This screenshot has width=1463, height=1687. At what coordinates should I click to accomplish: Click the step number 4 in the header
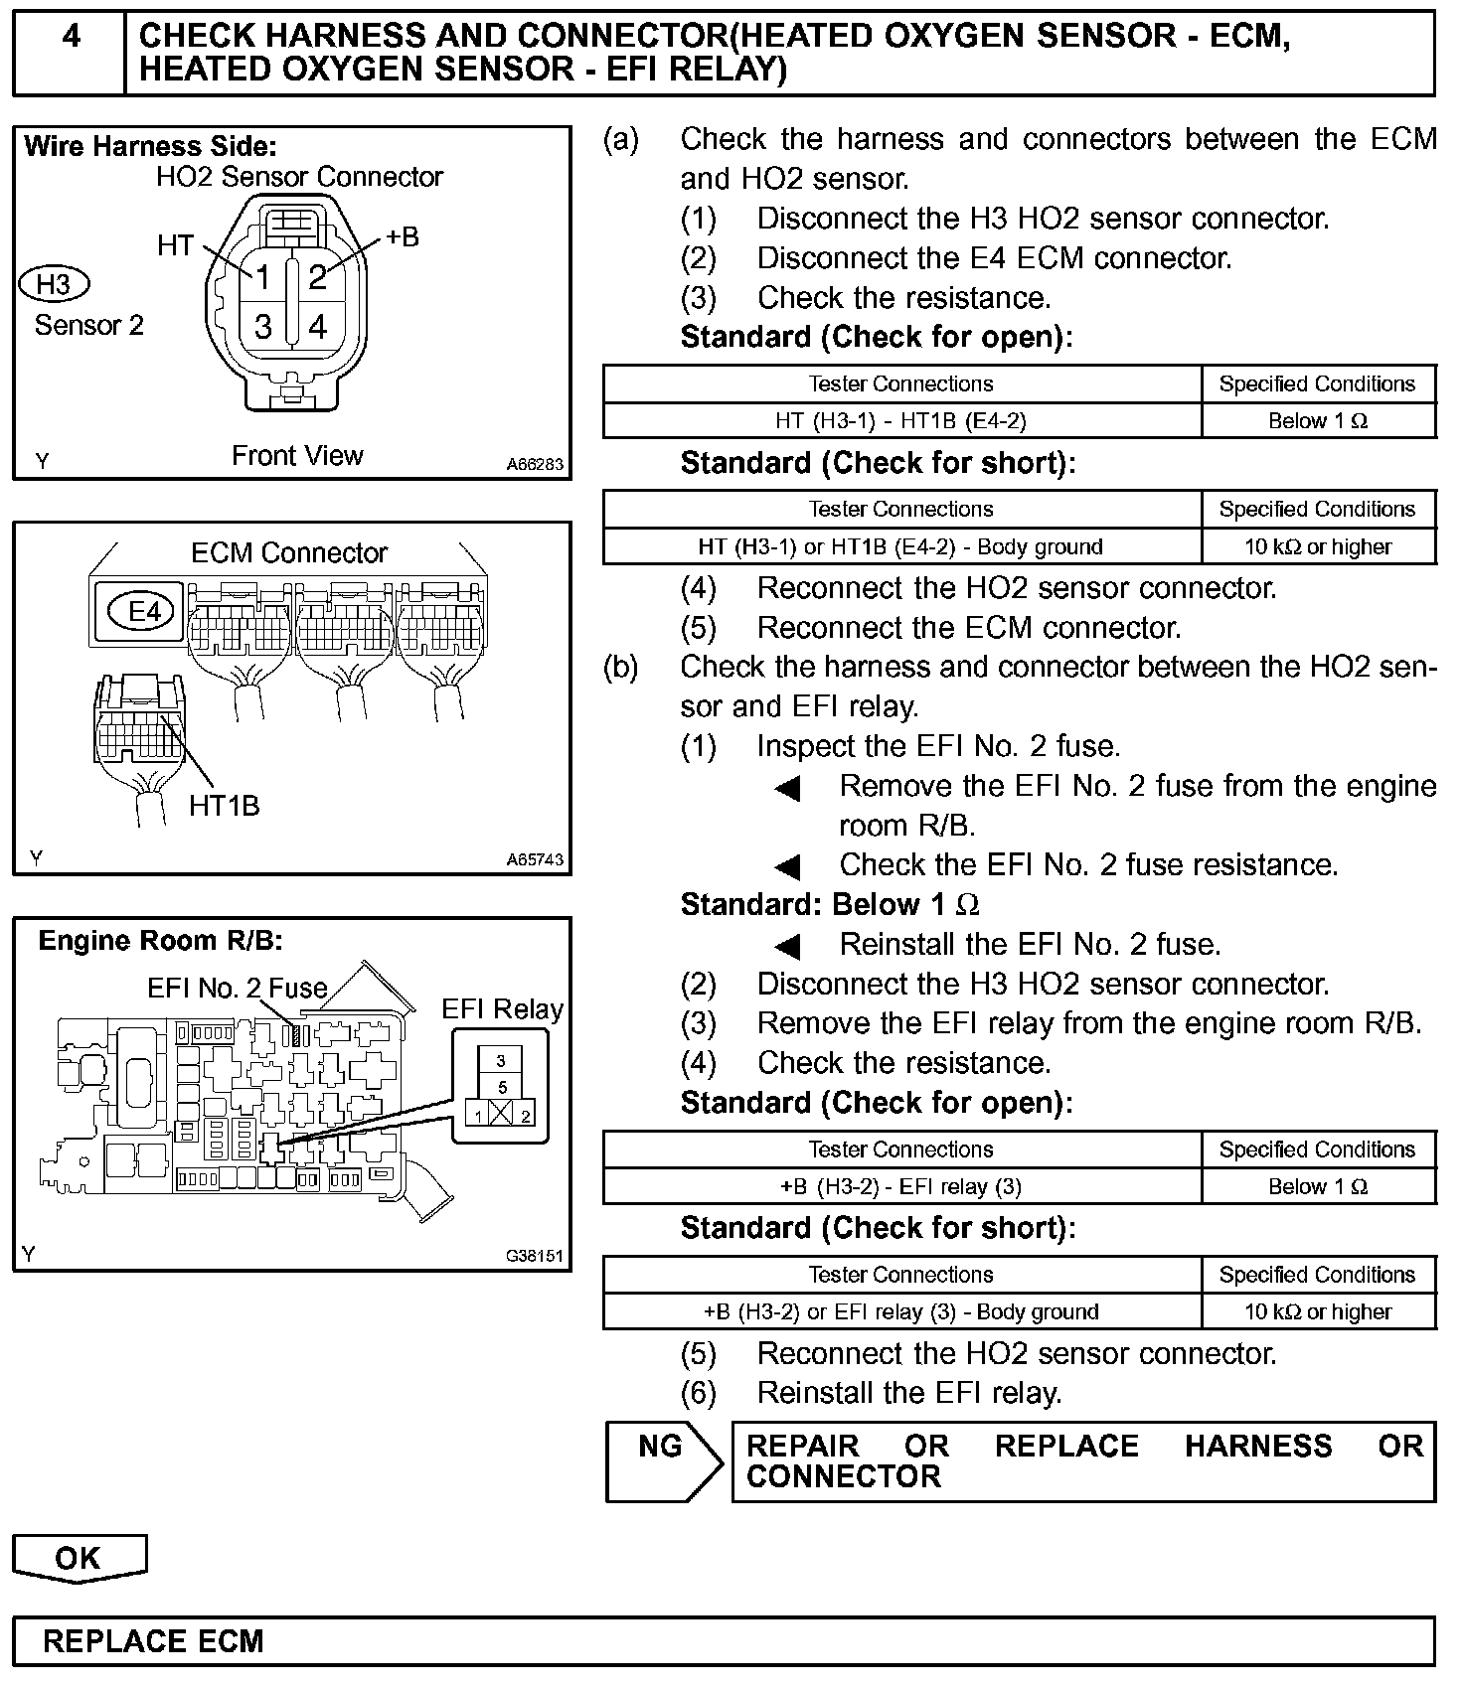tap(72, 37)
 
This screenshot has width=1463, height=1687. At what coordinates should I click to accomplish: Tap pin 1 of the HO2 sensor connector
tap(262, 277)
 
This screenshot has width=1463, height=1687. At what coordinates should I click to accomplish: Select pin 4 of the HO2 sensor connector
tap(318, 327)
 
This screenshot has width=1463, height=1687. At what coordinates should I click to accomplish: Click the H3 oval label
tap(54, 285)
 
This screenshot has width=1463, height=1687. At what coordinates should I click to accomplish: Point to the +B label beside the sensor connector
tap(402, 237)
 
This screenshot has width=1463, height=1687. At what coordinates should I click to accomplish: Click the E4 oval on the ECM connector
tap(145, 611)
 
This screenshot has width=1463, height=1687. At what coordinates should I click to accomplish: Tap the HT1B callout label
tap(224, 806)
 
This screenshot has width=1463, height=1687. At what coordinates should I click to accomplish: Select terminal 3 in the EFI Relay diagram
tap(501, 1061)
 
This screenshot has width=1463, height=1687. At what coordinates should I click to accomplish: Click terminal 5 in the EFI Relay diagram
tap(502, 1087)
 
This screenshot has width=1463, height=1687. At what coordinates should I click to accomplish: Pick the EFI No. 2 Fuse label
tap(237, 988)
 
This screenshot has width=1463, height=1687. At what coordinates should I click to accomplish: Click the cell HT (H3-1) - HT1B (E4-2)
tap(900, 421)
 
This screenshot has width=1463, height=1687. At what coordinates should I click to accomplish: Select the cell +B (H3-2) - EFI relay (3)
tap(900, 1186)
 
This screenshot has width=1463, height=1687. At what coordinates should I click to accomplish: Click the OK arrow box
tap(79, 1558)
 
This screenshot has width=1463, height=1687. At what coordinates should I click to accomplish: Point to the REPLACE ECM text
tap(153, 1641)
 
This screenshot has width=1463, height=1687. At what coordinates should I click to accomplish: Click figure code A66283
tap(534, 464)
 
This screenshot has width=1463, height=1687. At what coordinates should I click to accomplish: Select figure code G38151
tap(534, 1256)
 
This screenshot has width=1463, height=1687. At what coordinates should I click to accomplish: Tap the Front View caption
tap(297, 456)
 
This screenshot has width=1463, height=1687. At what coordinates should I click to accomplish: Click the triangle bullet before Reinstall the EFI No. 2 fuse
tap(788, 946)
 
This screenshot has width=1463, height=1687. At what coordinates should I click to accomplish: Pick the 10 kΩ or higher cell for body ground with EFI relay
tap(1318, 1311)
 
